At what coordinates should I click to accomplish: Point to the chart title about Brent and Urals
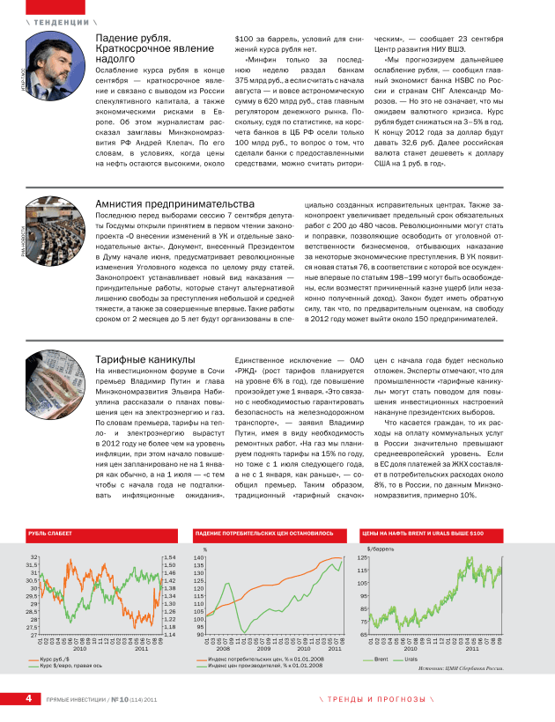pyautogui.click(x=423, y=534)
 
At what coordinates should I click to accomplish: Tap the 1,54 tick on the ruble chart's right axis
pyautogui.click(x=170, y=557)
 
